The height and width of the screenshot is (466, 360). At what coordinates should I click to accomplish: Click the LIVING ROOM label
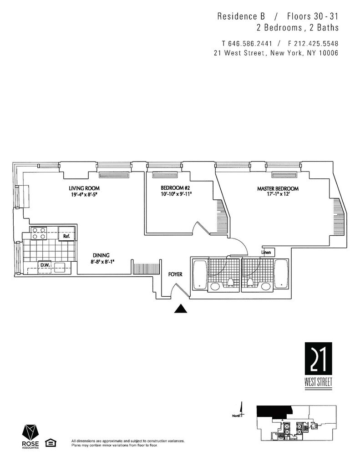(84, 188)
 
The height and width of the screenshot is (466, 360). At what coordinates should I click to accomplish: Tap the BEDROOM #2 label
(175, 188)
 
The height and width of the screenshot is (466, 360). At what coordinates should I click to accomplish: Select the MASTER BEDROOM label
(278, 189)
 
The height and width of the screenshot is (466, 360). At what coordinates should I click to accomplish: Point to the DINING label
(101, 255)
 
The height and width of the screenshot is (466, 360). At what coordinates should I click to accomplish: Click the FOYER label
(175, 274)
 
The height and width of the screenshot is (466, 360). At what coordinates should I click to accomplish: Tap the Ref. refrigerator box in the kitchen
(66, 236)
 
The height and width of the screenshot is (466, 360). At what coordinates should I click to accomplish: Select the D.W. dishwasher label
(45, 264)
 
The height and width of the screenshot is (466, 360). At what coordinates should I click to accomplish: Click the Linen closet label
(267, 252)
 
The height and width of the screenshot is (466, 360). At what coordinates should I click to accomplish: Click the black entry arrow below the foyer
(181, 309)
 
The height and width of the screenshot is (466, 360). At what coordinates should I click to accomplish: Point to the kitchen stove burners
(39, 233)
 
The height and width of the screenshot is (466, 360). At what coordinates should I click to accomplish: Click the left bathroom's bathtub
(199, 274)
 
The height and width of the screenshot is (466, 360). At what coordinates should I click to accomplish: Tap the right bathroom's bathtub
(281, 274)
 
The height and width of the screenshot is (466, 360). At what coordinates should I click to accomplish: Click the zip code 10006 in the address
(326, 53)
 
